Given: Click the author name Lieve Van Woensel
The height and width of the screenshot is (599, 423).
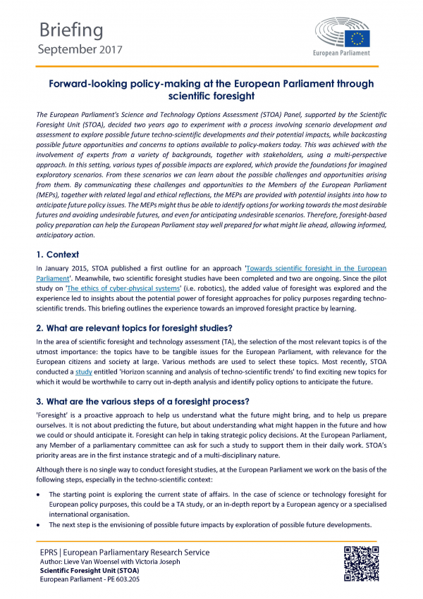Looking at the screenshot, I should pos(98,561).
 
